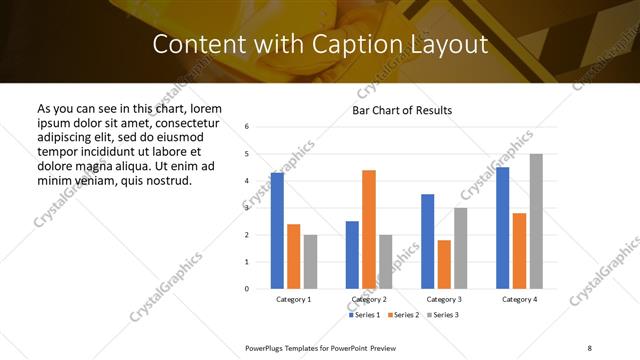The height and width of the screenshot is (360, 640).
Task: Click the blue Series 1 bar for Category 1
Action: pyautogui.click(x=277, y=231)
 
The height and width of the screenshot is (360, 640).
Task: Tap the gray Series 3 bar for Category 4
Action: pyautogui.click(x=536, y=221)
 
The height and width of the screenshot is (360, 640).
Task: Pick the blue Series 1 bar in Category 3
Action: pyautogui.click(x=427, y=241)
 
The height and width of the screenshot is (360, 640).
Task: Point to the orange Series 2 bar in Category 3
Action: pyautogui.click(x=444, y=264)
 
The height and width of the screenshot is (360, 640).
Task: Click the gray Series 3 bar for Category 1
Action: pyautogui.click(x=310, y=261)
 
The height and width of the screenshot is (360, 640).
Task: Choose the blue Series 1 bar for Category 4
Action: pyautogui.click(x=502, y=228)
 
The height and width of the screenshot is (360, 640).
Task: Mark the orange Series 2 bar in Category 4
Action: pyautogui.click(x=519, y=251)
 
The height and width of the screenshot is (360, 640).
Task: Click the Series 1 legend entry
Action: pyautogui.click(x=365, y=315)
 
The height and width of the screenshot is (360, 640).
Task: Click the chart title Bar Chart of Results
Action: pyautogui.click(x=403, y=110)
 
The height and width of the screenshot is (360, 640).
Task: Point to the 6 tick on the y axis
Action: pyautogui.click(x=247, y=127)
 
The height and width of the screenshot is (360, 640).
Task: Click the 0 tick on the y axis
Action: pyautogui.click(x=247, y=289)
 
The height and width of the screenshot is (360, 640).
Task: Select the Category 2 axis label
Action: pyautogui.click(x=369, y=299)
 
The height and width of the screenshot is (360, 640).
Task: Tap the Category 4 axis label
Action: pyautogui.click(x=519, y=299)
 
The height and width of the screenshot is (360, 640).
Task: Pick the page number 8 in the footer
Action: pyautogui.click(x=588, y=346)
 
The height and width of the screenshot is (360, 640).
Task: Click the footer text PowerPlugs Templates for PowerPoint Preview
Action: pyautogui.click(x=321, y=346)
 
